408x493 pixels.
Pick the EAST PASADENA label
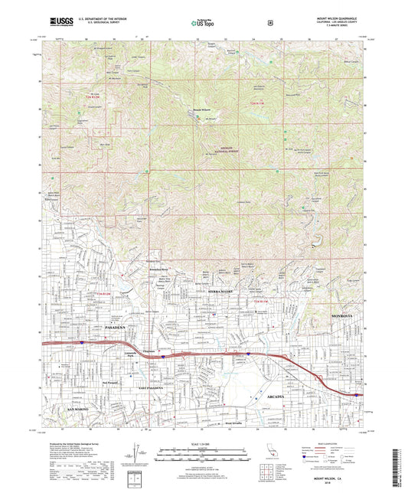coord(132,389)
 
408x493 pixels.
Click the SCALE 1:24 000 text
coord(203,443)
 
